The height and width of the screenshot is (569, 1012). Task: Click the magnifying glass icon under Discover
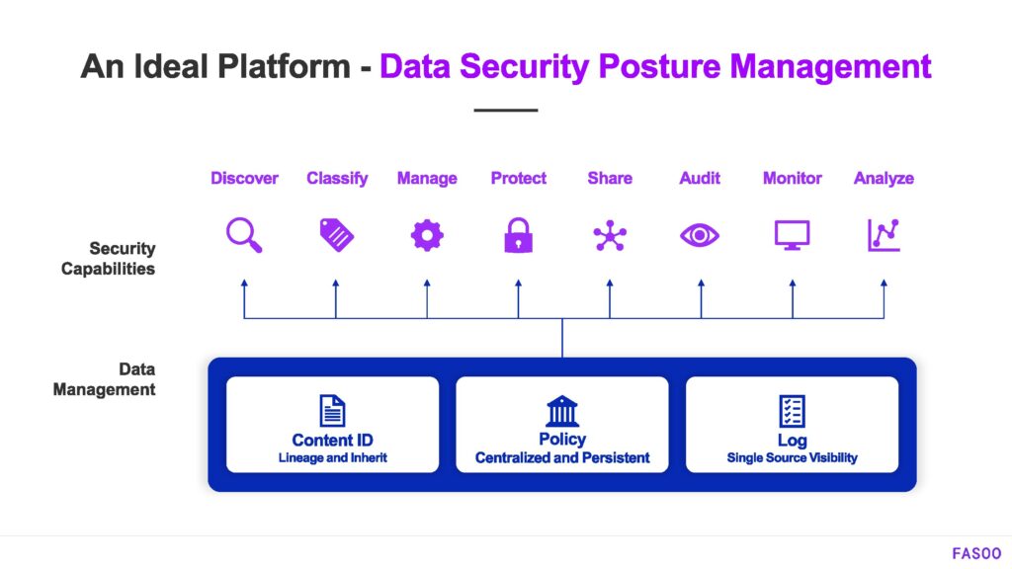244,235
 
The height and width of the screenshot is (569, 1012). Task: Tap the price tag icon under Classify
336,234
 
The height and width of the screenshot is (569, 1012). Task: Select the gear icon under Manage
427,235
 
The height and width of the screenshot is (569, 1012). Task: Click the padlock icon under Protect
518,235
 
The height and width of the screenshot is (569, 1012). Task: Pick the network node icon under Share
609,235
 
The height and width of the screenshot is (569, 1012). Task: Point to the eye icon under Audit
700,235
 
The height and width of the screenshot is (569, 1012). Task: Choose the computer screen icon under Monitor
792,235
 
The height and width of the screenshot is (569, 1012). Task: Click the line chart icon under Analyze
884,235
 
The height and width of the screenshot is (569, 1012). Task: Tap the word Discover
244,179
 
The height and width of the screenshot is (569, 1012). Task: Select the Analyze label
884,179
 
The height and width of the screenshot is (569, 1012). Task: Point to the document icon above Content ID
333,410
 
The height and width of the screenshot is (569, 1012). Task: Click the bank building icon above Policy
562,410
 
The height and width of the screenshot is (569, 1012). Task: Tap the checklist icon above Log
792,410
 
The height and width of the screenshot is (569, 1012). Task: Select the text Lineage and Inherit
333,457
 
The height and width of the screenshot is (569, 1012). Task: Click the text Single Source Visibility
792,457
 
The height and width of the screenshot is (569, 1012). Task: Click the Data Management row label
104,379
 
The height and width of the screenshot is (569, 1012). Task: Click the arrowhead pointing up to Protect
518,284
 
